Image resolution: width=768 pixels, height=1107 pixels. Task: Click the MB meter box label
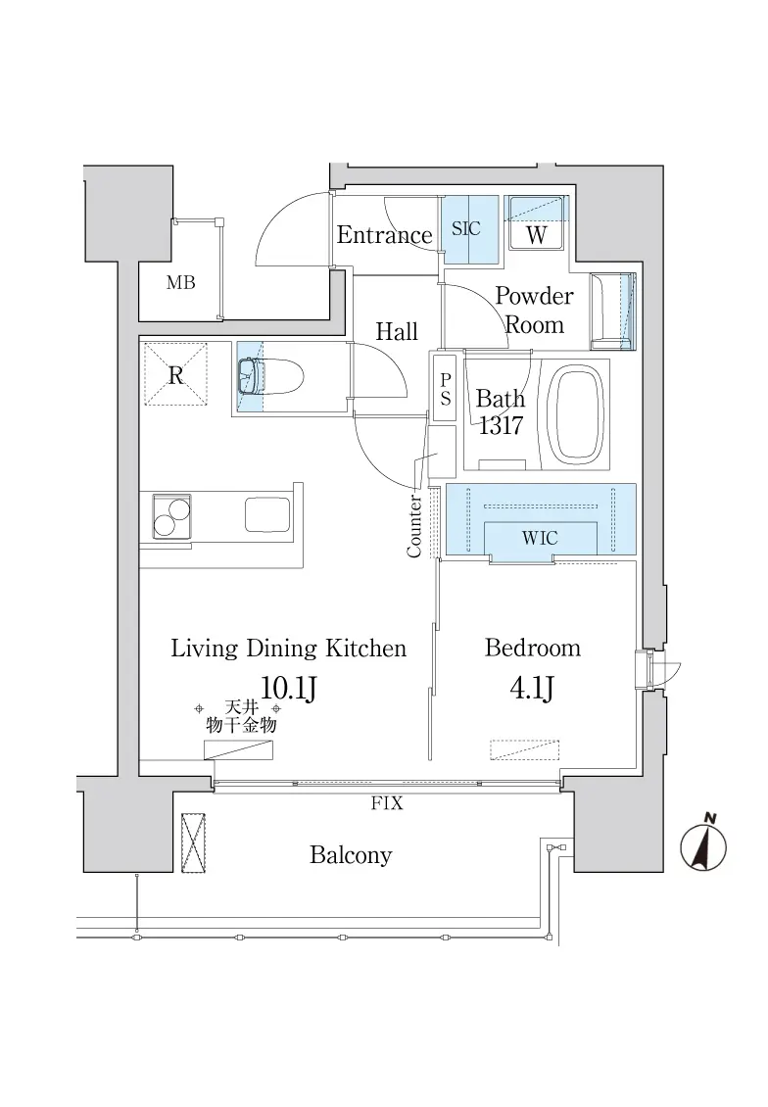point(180,283)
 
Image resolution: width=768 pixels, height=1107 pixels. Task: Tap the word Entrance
point(384,234)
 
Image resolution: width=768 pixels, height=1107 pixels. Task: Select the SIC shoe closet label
point(466,228)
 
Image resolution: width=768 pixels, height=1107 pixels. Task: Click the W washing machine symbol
point(536,234)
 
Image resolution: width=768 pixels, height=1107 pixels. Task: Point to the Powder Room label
point(534,310)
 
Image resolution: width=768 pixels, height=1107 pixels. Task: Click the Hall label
point(397,331)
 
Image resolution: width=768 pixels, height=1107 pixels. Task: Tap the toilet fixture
point(269,378)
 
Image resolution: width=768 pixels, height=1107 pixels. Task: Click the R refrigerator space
point(175,374)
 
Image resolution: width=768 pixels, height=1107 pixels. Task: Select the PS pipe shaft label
point(446,390)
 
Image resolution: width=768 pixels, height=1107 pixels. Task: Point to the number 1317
point(501,425)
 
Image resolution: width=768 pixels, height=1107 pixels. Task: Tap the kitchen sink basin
point(267,514)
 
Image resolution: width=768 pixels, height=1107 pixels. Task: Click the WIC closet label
point(540,539)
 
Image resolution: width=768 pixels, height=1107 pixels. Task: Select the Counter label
point(414,526)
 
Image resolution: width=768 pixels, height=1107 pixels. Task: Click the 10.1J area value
point(288,687)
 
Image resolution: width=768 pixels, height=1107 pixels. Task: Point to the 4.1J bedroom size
point(532,687)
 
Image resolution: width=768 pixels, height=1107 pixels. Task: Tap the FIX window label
point(387,803)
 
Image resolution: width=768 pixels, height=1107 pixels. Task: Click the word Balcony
point(351,855)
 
